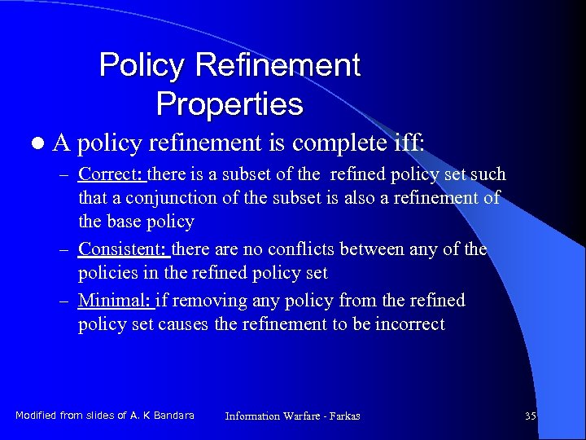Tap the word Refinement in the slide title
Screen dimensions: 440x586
[286, 65]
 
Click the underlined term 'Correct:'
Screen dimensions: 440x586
[111, 174]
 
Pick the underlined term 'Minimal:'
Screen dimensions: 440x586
[114, 301]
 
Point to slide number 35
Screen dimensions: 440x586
[531, 416]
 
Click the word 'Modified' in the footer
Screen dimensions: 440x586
[35, 416]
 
